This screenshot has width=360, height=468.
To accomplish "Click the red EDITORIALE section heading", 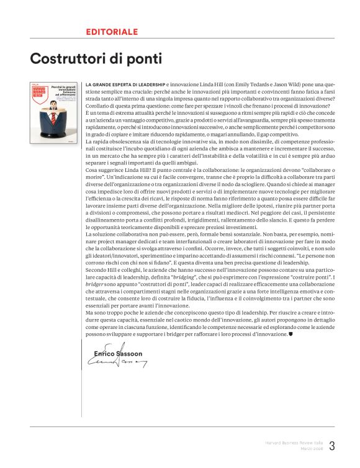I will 112,32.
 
